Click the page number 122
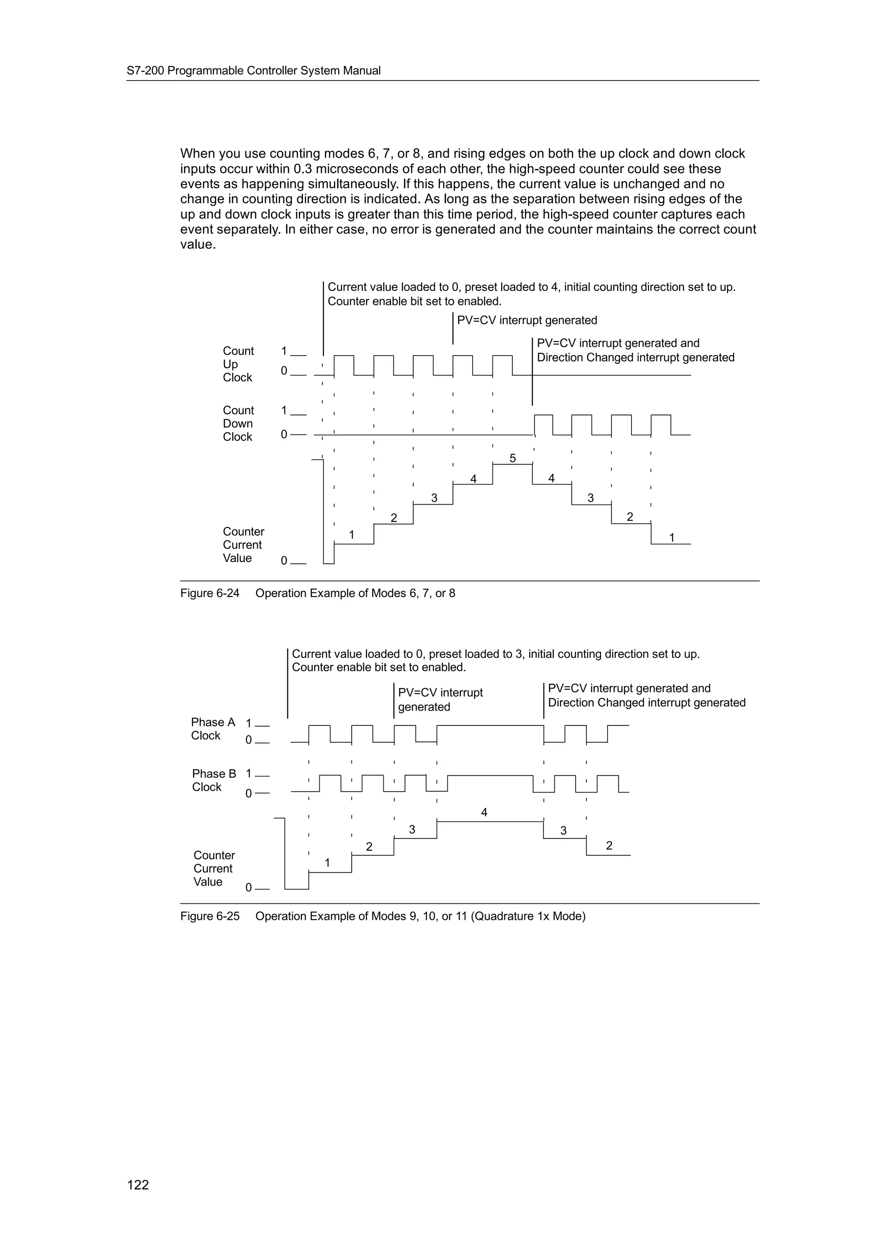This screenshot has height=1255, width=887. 138,1184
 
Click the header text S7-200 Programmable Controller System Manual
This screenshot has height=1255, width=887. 254,71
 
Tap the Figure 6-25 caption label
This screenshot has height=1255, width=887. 210,916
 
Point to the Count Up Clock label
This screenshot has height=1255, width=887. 238,364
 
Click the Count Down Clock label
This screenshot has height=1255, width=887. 238,424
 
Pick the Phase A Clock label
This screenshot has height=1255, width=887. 213,729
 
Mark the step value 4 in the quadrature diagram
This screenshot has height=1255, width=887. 484,813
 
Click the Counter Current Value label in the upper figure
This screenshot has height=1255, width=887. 243,545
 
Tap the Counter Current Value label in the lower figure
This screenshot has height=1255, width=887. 214,869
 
